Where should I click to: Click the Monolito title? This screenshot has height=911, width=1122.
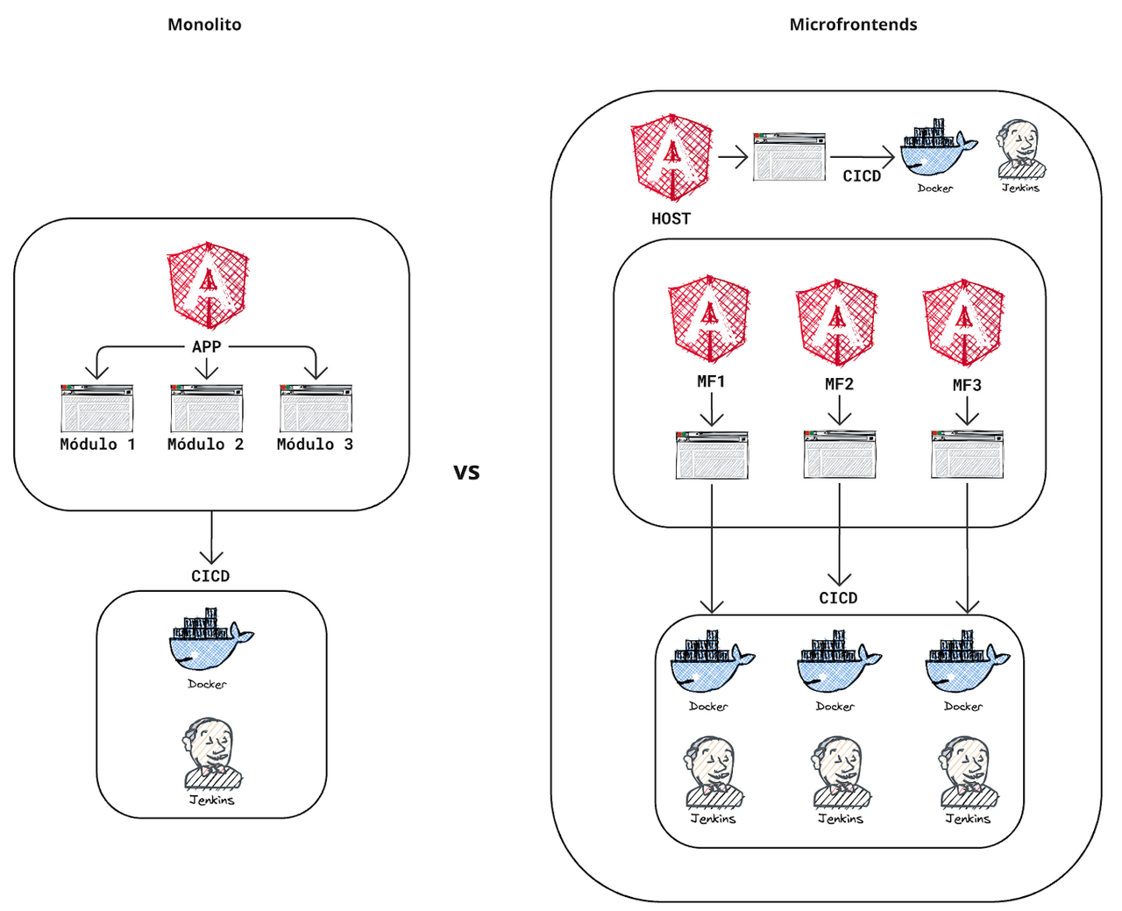pos(204,25)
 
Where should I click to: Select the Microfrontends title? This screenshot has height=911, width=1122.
pos(853,25)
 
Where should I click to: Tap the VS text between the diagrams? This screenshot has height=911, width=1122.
pos(466,473)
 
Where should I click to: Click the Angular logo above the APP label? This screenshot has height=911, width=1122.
pos(208,285)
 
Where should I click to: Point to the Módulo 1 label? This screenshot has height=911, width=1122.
pos(97,445)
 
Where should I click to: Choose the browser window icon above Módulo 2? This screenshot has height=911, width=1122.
pos(207,408)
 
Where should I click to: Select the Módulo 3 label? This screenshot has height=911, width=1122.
pos(315,445)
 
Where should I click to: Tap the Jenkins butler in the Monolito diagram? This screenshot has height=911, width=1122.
pos(211,756)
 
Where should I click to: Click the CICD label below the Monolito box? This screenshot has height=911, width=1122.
pos(210,576)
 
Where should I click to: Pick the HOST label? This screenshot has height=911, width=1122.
pos(671,219)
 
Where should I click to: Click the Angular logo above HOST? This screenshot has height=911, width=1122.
pos(671,158)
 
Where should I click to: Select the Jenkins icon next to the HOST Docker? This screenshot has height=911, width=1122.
pos(1020,153)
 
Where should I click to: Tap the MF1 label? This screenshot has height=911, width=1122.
pos(711,381)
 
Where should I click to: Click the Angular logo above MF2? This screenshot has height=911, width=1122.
pos(837,322)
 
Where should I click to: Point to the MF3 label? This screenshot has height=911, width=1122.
pos(967,385)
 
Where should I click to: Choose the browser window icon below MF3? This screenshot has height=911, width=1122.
pos(967,454)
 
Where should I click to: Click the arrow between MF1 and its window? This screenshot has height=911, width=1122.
pos(712,409)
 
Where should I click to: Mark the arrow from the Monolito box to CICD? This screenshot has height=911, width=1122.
pos(211,538)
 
